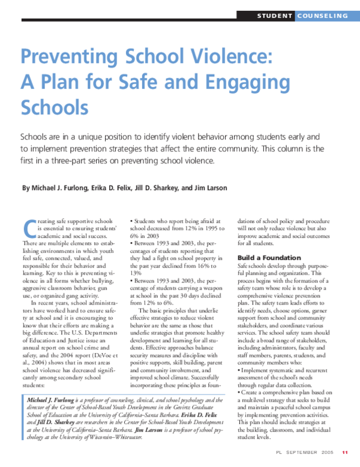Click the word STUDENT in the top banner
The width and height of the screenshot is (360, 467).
[x=275, y=15]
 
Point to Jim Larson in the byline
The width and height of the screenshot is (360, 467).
[x=209, y=188]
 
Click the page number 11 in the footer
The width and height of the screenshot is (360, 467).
[x=345, y=451]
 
